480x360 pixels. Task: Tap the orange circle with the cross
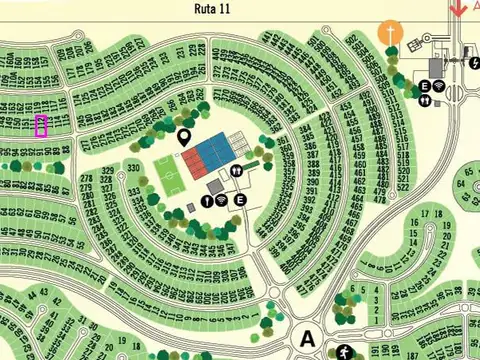[390, 32]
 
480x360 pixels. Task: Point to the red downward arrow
[458, 9]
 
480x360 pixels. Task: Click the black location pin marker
[184, 138]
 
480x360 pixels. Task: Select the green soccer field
[167, 173]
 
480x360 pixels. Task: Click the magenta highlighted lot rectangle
[41, 126]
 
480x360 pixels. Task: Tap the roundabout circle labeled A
[307, 337]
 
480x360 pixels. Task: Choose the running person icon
[345, 351]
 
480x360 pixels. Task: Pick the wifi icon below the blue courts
[221, 200]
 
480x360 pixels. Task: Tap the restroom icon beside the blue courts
[236, 171]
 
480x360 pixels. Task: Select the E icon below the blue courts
[240, 200]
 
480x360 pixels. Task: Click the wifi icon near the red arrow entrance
[440, 87]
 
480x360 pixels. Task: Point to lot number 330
[134, 168]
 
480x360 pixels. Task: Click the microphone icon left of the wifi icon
[206, 200]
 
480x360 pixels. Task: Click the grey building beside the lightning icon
[436, 65]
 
